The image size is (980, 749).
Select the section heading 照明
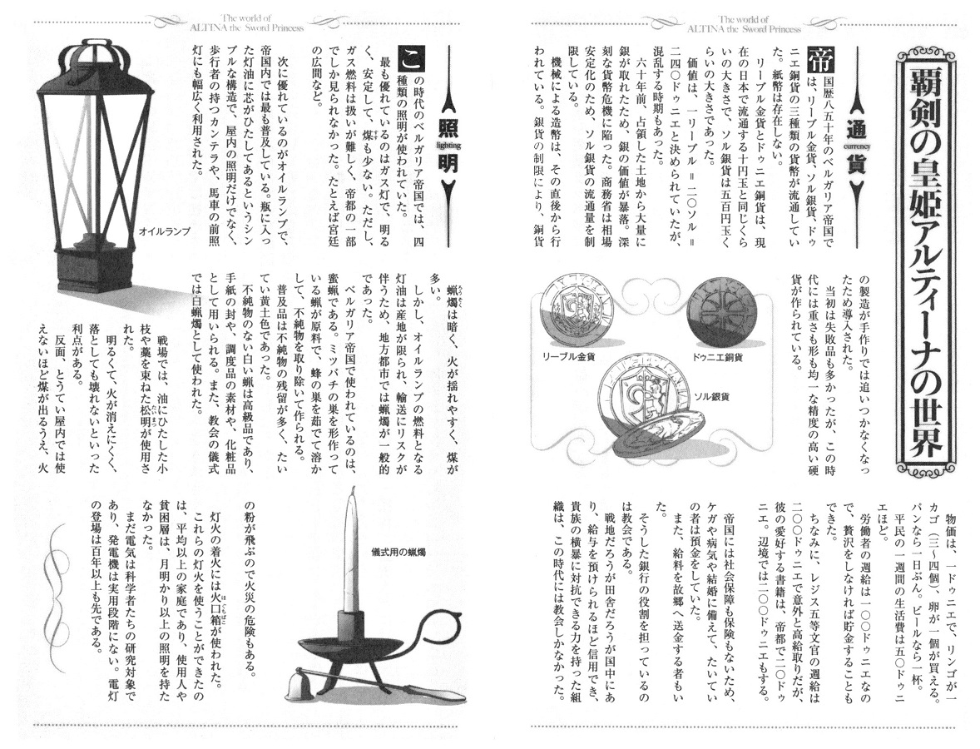pyautogui.click(x=448, y=147)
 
